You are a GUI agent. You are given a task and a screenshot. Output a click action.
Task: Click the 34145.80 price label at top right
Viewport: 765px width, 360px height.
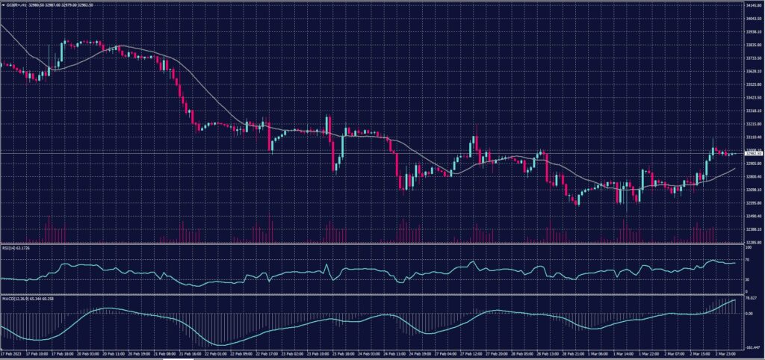(752, 5)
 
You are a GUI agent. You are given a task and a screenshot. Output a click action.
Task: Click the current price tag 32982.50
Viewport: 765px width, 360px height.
(752, 153)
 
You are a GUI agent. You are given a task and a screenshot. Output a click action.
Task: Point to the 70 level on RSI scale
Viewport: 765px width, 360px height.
(748, 258)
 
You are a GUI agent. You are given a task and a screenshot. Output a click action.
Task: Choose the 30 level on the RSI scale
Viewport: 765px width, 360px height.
(748, 280)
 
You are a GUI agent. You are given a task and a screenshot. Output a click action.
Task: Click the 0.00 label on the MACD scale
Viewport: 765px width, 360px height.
(749, 313)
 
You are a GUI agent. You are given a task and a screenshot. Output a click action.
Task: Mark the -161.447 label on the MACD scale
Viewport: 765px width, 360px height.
(752, 347)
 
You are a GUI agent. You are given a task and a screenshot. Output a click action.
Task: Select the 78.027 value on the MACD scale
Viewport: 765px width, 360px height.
(752, 300)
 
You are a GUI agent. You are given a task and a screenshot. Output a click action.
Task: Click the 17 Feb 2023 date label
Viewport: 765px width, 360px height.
(13, 355)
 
